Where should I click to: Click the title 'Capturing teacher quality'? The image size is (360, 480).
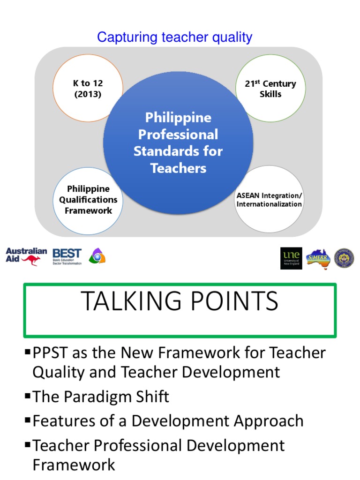pyautogui.click(x=174, y=37)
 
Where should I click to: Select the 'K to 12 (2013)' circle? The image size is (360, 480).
pyautogui.click(x=88, y=89)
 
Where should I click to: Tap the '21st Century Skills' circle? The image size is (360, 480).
pyautogui.click(x=270, y=89)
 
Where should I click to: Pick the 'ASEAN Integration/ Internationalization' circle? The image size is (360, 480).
pyautogui.click(x=269, y=200)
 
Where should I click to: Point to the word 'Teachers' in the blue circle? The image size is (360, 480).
pyautogui.click(x=178, y=168)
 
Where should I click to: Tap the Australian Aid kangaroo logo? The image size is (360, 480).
pyautogui.click(x=26, y=256)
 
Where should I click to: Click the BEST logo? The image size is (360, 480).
pyautogui.click(x=67, y=256)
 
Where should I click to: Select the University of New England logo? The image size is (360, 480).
pyautogui.click(x=291, y=258)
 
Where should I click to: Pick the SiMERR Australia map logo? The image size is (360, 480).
pyautogui.click(x=318, y=258)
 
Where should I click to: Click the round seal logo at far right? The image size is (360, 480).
pyautogui.click(x=344, y=258)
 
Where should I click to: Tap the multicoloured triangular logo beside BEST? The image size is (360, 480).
pyautogui.click(x=97, y=256)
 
